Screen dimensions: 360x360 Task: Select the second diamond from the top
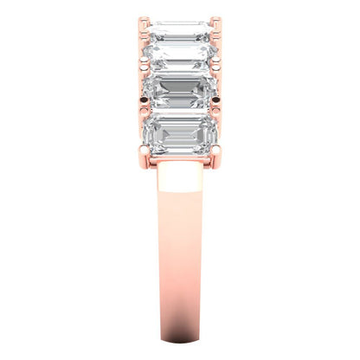179,57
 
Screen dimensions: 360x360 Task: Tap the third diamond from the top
179,92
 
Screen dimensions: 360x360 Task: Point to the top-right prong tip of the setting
215,17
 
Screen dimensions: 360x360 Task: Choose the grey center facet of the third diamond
179,92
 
